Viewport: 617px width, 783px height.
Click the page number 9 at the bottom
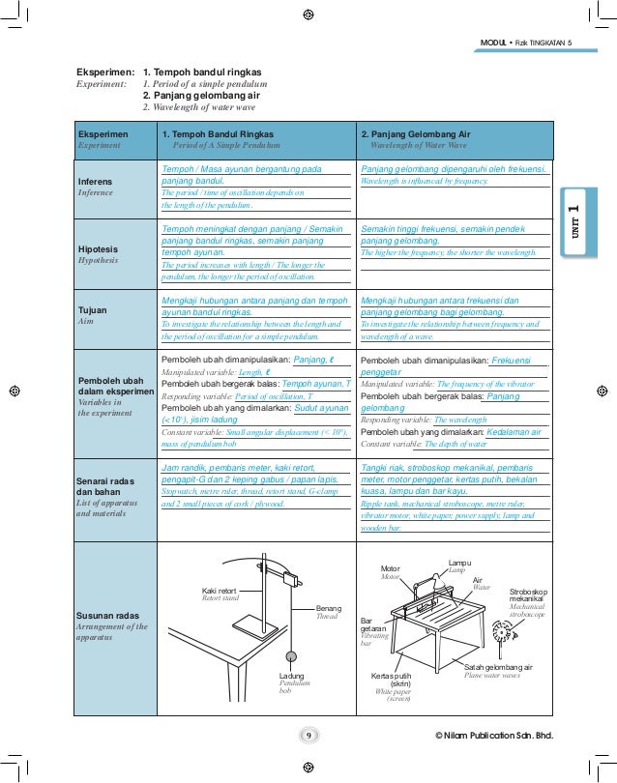(x=308, y=737)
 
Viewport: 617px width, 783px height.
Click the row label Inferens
(x=95, y=182)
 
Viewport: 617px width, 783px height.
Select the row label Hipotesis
(x=98, y=248)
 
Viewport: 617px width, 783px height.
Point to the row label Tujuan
(x=92, y=310)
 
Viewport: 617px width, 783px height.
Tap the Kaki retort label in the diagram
(x=219, y=590)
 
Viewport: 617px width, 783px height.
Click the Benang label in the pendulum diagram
(x=329, y=608)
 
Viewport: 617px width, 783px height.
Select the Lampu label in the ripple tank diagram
(x=460, y=563)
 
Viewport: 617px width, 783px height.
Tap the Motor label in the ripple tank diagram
(x=390, y=568)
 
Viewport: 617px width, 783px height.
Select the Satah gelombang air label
(x=498, y=667)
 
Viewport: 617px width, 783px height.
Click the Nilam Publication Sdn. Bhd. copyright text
(x=495, y=737)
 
